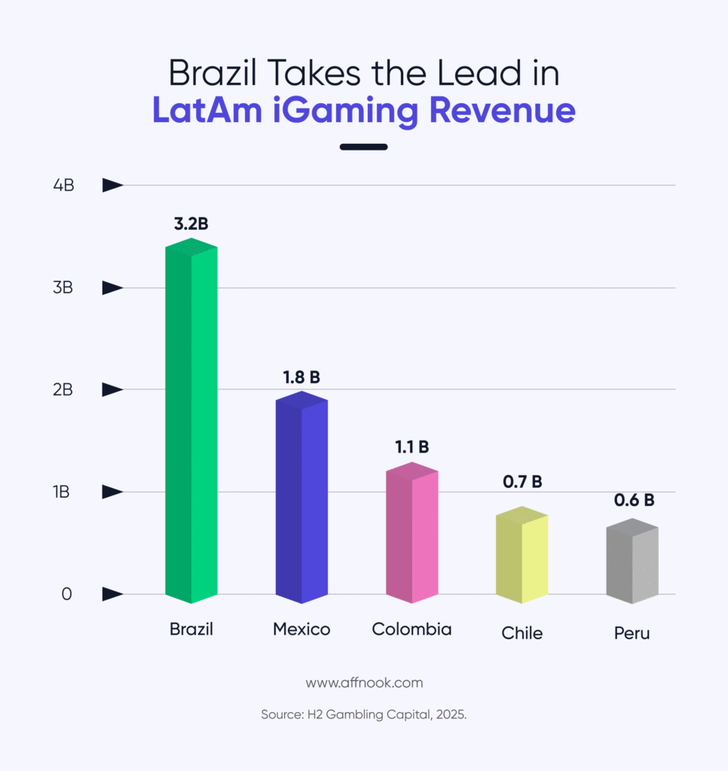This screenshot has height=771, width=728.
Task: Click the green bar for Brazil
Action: coord(191,422)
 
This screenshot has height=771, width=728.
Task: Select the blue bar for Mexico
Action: coord(301,497)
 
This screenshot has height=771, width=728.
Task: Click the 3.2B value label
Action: coord(191,224)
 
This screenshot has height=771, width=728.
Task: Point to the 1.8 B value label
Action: coord(301,376)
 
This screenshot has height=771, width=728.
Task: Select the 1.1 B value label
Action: coord(411,447)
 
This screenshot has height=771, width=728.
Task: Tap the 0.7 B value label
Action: coord(522,482)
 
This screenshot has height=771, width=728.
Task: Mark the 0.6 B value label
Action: coord(632,500)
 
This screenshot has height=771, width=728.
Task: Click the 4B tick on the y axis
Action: coord(63,185)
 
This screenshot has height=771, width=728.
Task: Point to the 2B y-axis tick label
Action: coord(63,390)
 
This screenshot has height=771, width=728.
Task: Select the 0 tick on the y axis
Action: coord(66,594)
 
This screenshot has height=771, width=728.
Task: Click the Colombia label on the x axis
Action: coord(411,629)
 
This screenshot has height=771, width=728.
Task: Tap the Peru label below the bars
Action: coord(632,633)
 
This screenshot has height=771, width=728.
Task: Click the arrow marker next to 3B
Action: coord(112,288)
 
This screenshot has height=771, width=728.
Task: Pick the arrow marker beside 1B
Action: coord(112,492)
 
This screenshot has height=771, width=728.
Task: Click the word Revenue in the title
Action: coord(502,110)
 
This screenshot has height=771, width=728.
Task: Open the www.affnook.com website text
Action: coord(364,683)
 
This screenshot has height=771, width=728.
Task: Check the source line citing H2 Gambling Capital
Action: coord(364,715)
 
